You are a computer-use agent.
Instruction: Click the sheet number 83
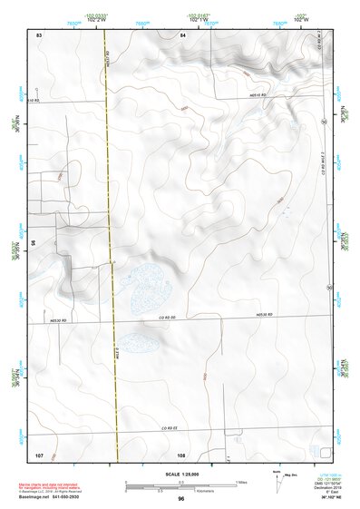(39, 34)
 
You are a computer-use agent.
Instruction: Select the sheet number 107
(39, 453)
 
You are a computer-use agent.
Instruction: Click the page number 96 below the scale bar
(181, 499)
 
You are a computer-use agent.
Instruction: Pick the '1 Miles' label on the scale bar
(241, 481)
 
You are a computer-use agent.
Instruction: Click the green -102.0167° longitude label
(200, 14)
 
